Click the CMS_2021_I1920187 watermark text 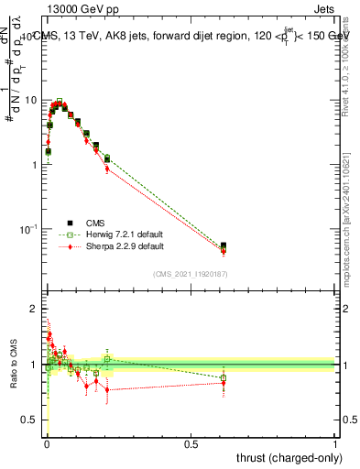(190, 274)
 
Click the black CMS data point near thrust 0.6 (224, 246)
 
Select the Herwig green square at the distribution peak (60, 102)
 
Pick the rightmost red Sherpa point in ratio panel (224, 383)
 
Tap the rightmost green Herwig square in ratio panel (224, 377)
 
